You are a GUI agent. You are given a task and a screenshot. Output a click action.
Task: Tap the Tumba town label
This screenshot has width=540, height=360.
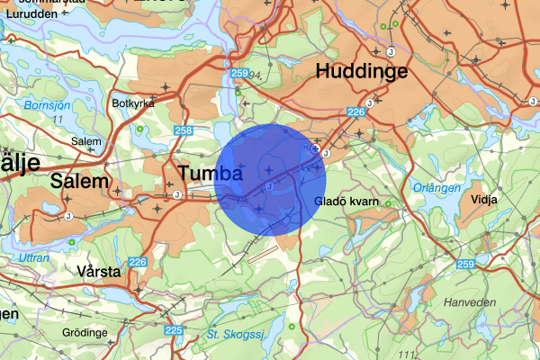(210, 173)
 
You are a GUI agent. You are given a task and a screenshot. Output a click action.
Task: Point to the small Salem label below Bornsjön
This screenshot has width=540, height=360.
(86, 141)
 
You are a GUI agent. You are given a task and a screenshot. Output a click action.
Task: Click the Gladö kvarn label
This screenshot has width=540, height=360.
(346, 201)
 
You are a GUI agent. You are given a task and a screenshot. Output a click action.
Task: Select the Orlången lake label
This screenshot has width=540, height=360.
(441, 188)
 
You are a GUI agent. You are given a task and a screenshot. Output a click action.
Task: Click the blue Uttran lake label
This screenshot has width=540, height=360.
(35, 257)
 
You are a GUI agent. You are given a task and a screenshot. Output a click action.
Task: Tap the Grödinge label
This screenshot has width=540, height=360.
(82, 332)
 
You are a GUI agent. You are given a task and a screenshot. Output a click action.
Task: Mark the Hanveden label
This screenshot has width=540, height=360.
(465, 303)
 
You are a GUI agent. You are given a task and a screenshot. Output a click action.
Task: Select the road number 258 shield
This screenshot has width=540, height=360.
(184, 131)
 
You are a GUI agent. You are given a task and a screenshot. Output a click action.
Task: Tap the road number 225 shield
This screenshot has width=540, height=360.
(174, 331)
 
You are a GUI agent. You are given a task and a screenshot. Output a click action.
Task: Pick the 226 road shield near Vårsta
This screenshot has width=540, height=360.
(137, 262)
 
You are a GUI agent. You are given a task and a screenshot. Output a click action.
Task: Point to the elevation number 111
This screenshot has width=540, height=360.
(414, 352)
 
